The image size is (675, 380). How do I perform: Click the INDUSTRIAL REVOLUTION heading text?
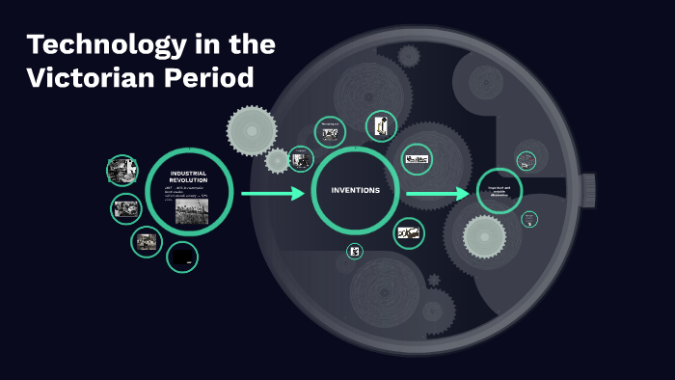click(188, 176)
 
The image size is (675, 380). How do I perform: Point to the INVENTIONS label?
click(356, 190)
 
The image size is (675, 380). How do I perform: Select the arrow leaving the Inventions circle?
click(438, 195)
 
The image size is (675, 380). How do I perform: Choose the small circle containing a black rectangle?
click(182, 258)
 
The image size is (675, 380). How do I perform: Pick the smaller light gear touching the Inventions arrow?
click(278, 160)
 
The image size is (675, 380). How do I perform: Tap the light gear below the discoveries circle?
click(484, 236)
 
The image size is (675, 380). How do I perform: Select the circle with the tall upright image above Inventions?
click(381, 125)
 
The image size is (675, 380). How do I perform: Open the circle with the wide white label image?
click(418, 159)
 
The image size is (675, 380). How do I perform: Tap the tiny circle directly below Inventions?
click(355, 252)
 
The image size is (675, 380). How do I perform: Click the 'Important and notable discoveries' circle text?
click(499, 191)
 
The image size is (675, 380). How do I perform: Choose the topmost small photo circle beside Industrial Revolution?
click(121, 170)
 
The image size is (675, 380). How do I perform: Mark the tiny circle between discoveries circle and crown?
click(529, 219)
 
